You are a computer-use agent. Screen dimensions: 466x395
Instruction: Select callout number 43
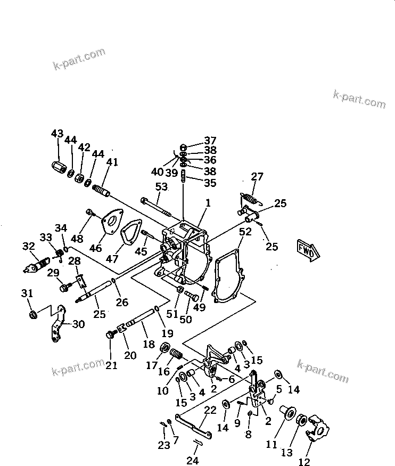[x=57, y=134]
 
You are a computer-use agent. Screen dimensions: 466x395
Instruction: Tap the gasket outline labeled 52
[x=229, y=277]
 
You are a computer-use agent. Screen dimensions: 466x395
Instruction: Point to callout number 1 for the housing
[x=208, y=203]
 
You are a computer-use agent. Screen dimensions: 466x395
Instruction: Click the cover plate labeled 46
[x=111, y=224]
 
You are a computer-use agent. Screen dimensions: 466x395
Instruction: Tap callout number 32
[x=28, y=246]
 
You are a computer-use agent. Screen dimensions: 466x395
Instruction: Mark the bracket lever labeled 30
[x=59, y=324]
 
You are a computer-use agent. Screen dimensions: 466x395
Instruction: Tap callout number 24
[x=193, y=460]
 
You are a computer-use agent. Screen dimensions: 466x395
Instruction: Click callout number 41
[x=112, y=162]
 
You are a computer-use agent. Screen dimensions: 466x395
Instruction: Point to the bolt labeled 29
[x=65, y=288]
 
